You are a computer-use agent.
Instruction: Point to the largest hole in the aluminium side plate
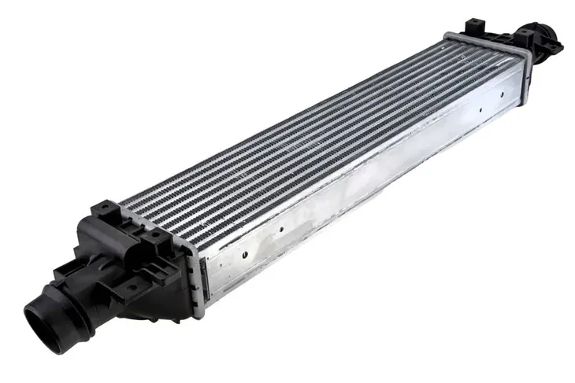click(x=245, y=254)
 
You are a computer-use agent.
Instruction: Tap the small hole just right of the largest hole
click(x=282, y=230)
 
